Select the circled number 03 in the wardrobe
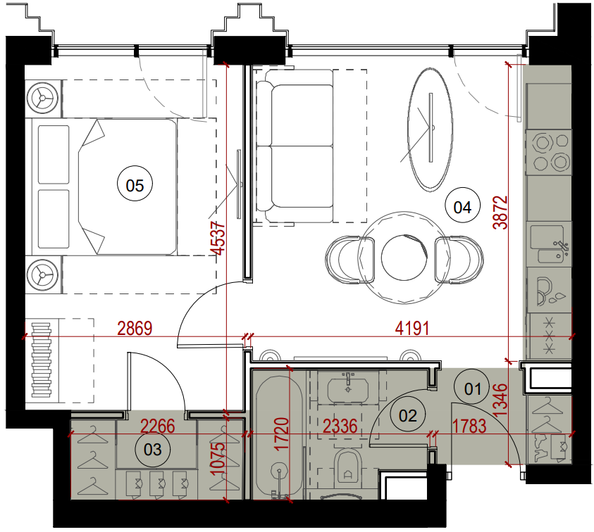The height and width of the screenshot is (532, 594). point(153,449)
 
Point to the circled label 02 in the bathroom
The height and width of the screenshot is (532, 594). point(407,415)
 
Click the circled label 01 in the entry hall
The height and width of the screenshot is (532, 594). point(472,388)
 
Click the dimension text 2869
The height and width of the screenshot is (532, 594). point(135,328)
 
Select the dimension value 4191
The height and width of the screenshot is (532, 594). point(412,328)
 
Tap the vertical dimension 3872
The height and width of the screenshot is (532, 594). point(500,213)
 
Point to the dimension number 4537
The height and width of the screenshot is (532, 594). point(218,239)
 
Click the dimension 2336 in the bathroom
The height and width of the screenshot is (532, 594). point(340,426)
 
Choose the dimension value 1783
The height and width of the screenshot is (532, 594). point(469,426)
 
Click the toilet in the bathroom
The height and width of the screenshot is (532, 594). point(348,466)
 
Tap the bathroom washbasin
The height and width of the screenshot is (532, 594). point(348,388)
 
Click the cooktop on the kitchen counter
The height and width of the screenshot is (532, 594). point(549,152)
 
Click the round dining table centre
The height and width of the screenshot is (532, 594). point(404,258)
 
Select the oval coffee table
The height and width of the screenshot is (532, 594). point(430,129)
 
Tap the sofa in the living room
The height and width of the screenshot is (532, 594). point(295,146)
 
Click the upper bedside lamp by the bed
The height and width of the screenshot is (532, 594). point(42,99)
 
